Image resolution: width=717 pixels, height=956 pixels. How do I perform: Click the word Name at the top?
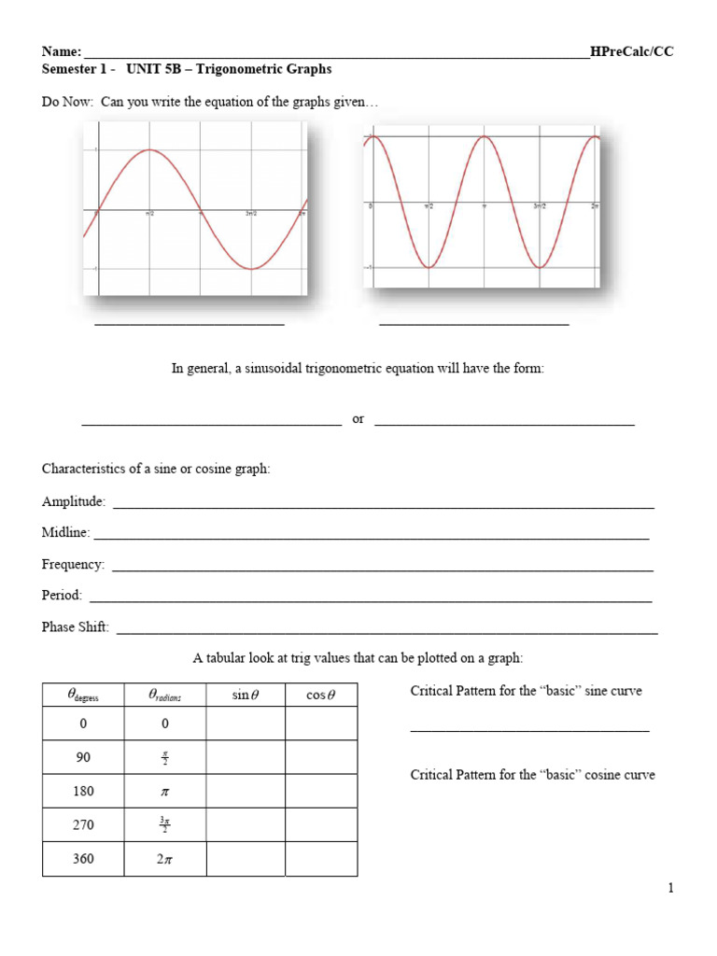[61, 52]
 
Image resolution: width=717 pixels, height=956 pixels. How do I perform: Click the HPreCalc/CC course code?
[632, 52]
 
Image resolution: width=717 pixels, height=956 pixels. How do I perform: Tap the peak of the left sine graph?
[149, 150]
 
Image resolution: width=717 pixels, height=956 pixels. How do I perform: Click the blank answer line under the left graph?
[190, 324]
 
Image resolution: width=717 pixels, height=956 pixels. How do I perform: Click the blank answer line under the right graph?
[474, 324]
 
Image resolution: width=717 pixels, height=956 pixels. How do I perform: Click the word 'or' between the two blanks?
[358, 419]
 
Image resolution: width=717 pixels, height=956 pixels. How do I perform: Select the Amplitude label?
[74, 502]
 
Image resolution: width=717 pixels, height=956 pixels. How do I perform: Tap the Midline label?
[65, 533]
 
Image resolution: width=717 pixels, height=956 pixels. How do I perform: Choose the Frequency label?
[73, 565]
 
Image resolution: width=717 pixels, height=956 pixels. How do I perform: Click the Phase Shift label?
[76, 627]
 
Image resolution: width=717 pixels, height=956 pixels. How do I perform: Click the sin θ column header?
[245, 695]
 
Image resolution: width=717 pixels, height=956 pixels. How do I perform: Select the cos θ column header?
[320, 695]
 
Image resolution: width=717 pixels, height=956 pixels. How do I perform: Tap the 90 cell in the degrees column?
[83, 757]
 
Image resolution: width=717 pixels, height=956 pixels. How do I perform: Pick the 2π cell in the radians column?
[164, 859]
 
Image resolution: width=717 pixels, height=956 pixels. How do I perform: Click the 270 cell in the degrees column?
[83, 825]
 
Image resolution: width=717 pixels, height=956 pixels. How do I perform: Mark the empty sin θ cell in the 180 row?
[245, 791]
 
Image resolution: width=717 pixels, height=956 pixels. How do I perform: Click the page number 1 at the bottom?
[670, 888]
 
